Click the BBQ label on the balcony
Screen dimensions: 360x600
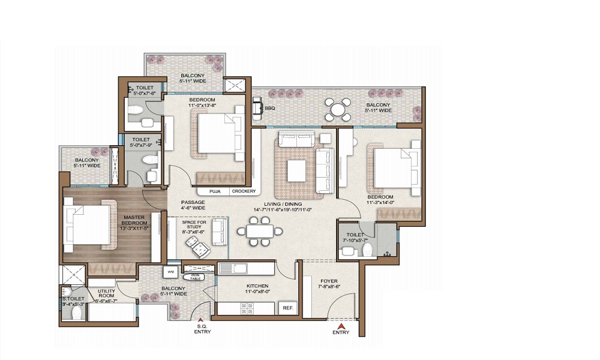[x=270, y=109]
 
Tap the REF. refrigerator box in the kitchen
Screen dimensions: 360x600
[x=287, y=308]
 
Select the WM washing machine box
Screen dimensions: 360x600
[x=170, y=272]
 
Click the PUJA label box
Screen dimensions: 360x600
[x=214, y=191]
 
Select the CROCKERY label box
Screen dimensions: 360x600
[x=244, y=191]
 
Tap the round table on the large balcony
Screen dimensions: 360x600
[x=338, y=110]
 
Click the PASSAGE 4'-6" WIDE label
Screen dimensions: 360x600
[x=193, y=205]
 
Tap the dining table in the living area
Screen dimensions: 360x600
[x=260, y=231]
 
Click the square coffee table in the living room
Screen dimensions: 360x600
[x=298, y=170]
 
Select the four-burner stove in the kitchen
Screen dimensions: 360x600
[x=247, y=308]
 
